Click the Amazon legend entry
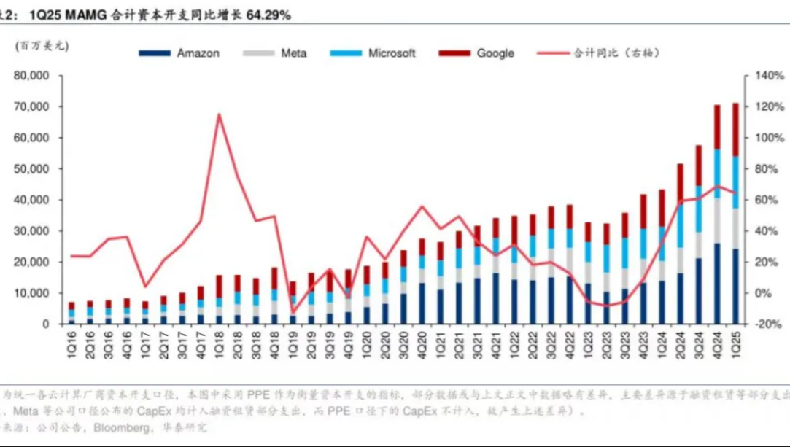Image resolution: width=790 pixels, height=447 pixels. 198,53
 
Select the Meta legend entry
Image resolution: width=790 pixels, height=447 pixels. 293,53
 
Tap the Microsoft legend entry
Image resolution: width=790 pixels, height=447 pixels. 391,53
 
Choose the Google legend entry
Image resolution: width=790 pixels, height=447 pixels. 495,53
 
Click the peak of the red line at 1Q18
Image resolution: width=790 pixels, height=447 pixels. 219,114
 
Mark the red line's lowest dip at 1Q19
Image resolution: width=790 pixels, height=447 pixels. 293,313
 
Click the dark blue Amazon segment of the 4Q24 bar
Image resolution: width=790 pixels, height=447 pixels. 717,284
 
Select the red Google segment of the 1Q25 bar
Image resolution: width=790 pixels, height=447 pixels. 735,129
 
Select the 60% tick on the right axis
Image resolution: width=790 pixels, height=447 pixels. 769,200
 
